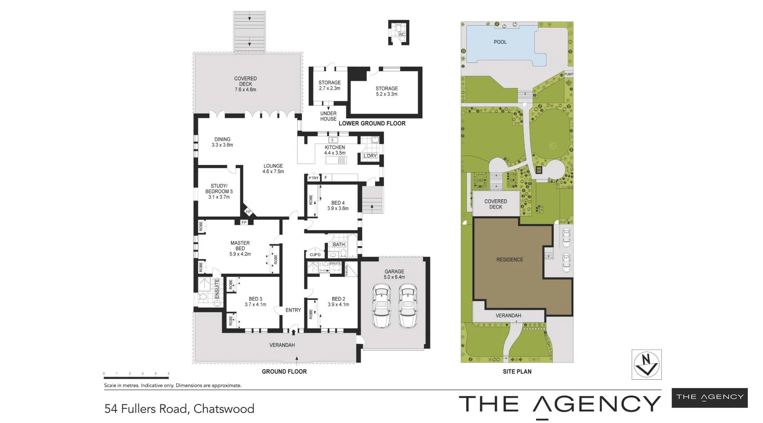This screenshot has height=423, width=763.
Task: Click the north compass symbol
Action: coord(646,364)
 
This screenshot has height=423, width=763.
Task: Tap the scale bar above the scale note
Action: coord(136,377)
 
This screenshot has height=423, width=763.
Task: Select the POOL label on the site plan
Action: coord(500,42)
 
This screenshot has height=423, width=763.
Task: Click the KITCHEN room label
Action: coord(335,147)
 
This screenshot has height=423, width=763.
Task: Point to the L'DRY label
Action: coord(370,156)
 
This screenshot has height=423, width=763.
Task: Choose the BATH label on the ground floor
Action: coord(339,244)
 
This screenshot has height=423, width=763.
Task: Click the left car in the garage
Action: coord(381,305)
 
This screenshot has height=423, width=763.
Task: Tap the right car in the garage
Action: coord(407,305)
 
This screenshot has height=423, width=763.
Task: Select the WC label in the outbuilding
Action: coord(401,35)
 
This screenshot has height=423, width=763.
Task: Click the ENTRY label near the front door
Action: coord(293,310)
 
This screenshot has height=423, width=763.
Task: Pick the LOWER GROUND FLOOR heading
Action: coord(372,124)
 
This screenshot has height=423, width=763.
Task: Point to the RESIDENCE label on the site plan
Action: coord(509,260)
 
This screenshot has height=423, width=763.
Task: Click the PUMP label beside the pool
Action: coord(569,74)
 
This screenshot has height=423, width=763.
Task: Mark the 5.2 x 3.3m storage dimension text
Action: coord(387,94)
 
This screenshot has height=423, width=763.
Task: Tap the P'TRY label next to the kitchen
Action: coord(314,178)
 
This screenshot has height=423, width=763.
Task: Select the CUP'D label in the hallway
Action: coord(315,255)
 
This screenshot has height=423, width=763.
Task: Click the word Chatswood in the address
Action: coord(224,409)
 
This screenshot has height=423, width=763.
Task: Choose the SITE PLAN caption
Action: coord(517,372)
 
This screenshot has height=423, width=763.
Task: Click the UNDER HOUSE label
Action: coord(328,116)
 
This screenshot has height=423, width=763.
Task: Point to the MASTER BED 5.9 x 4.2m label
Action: coord(240,248)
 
